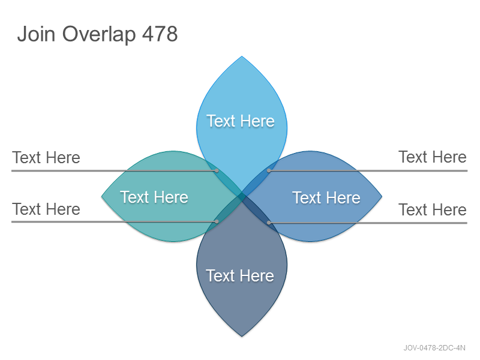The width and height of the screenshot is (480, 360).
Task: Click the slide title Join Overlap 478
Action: pos(97,34)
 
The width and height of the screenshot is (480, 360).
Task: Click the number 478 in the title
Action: pos(160,34)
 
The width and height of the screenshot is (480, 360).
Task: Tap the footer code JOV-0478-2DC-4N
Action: pos(434,348)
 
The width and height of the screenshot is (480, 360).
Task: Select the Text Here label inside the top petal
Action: pos(241,121)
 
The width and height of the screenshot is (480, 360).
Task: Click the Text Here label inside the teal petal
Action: pos(154,197)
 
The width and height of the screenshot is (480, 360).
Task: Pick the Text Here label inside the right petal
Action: pos(326,197)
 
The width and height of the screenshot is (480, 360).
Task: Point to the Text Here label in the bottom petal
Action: pos(240,275)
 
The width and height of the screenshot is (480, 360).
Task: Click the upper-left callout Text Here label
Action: pos(46,158)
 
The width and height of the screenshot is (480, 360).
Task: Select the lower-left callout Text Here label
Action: pos(46,209)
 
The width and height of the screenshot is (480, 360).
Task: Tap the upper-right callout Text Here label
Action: pos(433,157)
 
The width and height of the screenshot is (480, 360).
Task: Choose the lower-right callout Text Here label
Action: pos(433,209)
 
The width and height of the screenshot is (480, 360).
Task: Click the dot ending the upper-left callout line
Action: pos(217,170)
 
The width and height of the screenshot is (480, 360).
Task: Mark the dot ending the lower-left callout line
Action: pos(217,221)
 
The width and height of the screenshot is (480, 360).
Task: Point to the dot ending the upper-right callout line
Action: pos(269,170)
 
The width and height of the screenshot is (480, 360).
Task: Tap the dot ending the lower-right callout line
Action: pos(269,223)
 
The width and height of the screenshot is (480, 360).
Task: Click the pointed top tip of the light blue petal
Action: pos(242,56)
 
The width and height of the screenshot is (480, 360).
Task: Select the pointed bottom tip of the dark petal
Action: pos(242,337)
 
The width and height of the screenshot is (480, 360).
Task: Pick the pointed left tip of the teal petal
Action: pos(101,197)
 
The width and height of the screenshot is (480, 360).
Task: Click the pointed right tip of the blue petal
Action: pos(382,196)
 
